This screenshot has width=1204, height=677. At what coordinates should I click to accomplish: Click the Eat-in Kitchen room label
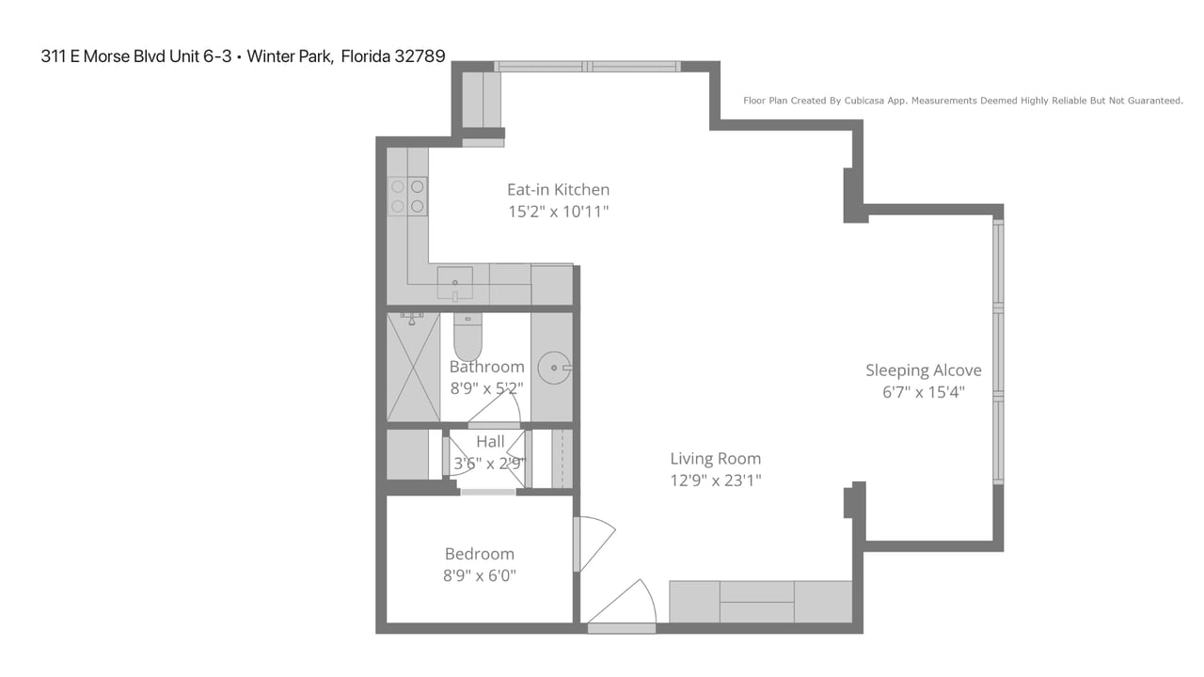[x=558, y=190]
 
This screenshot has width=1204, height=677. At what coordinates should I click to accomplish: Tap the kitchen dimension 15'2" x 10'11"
[x=558, y=213]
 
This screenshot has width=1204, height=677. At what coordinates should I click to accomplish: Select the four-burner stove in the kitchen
[x=407, y=197]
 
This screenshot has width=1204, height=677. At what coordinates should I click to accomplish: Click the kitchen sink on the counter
[x=454, y=283]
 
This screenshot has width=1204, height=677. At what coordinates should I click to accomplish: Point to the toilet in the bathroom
[x=467, y=337]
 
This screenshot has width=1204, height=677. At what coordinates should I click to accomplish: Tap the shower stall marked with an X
[x=413, y=368]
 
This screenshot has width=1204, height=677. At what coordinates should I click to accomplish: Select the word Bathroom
[x=486, y=367]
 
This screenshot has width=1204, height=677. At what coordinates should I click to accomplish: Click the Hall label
[x=490, y=442]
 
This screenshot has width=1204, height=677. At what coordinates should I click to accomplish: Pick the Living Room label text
[x=715, y=459]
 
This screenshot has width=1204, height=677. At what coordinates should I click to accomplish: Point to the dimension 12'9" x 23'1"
[x=715, y=481]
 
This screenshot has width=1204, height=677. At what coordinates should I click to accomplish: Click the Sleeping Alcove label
[x=923, y=370]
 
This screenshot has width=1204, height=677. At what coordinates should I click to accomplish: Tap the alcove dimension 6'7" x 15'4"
[x=923, y=393]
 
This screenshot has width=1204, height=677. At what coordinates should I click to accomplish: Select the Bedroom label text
[x=480, y=554]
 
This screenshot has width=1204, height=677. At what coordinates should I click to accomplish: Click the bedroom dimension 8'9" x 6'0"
[x=480, y=575]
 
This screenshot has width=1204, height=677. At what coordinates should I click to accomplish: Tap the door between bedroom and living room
[x=593, y=543]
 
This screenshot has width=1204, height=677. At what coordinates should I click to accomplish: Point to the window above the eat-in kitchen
[x=587, y=67]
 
